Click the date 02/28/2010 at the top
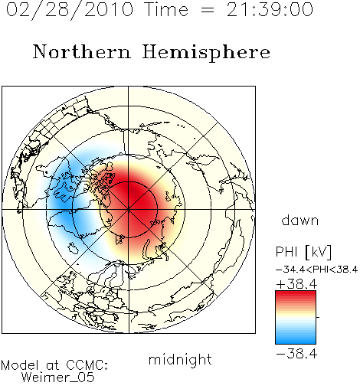click(70, 10)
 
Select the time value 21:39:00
click(270, 10)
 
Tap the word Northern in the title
click(82, 51)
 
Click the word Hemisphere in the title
click(206, 53)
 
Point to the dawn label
click(300, 221)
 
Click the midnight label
click(180, 360)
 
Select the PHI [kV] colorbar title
click(303, 252)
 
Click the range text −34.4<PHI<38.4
click(316, 270)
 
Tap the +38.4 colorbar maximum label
click(296, 284)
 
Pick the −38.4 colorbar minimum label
click(296, 354)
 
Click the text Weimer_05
click(58, 378)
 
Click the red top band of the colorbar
click(296, 295)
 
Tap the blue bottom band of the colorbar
click(296, 339)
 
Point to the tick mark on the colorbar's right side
click(318, 317)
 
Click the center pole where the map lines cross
click(129, 210)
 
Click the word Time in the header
click(166, 10)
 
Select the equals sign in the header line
click(208, 11)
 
